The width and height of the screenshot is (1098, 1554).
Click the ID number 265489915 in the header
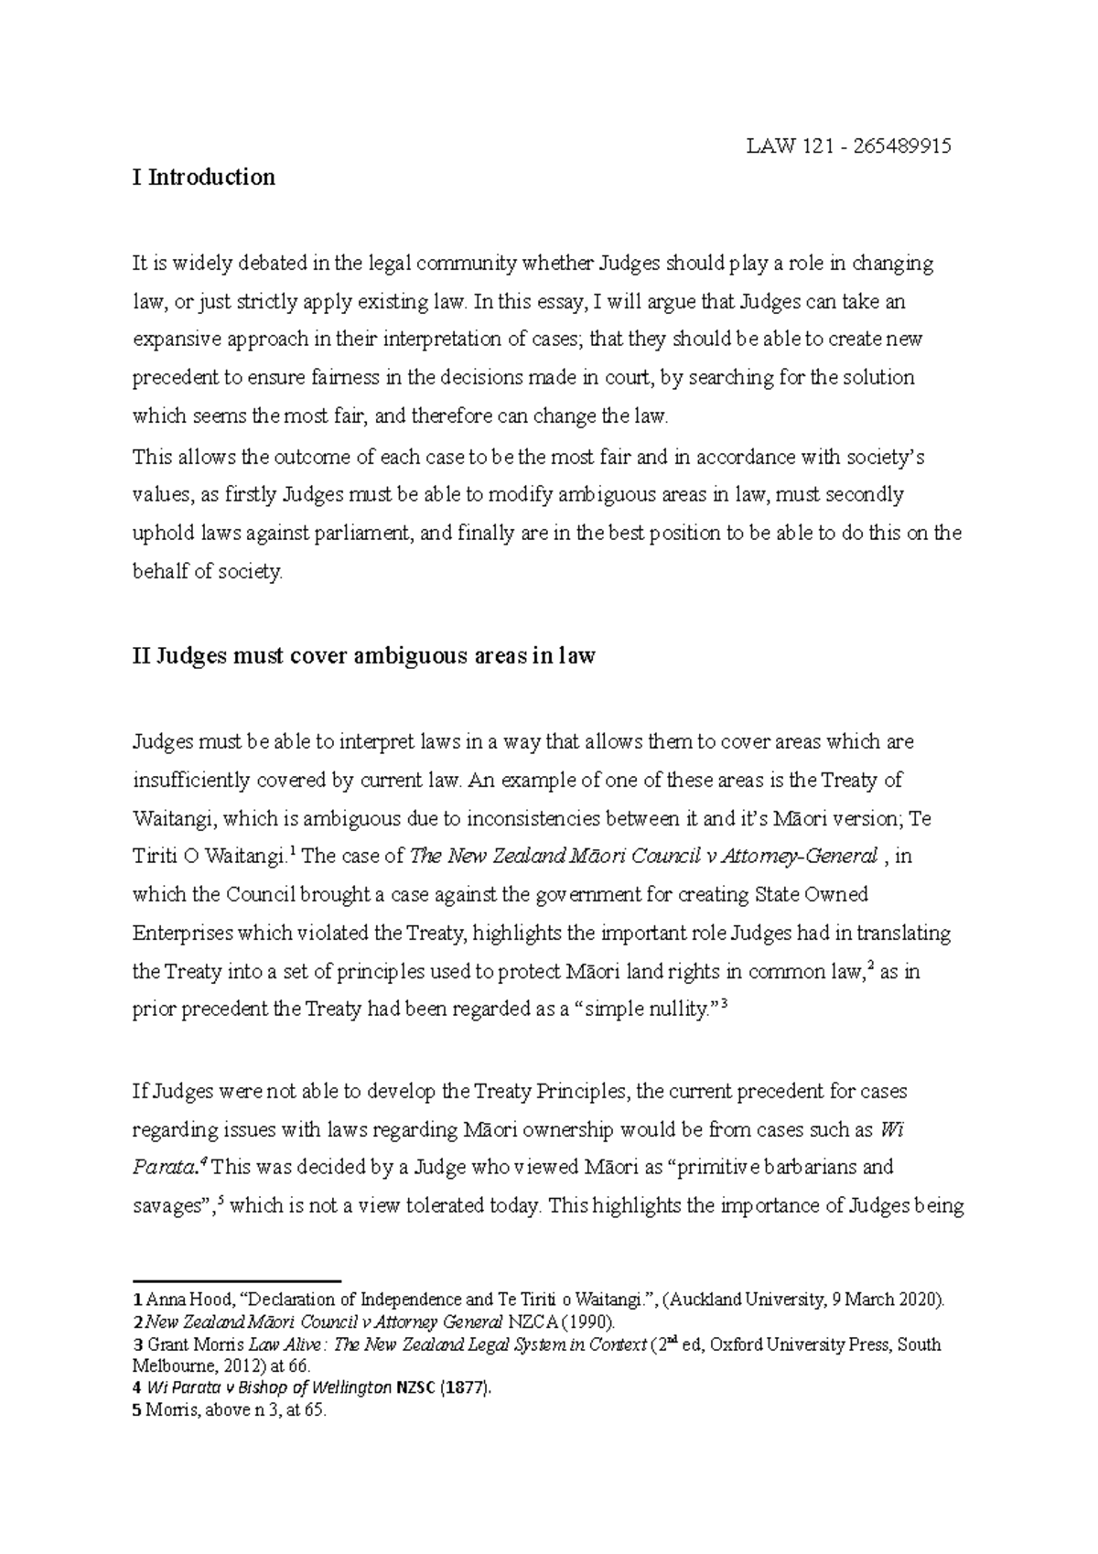click(900, 146)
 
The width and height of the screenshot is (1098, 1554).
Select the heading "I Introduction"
click(204, 177)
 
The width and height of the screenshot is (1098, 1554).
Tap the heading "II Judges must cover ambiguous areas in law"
click(364, 656)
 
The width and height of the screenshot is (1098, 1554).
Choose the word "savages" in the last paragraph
click(167, 1206)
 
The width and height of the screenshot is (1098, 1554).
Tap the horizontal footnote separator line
click(237, 1281)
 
